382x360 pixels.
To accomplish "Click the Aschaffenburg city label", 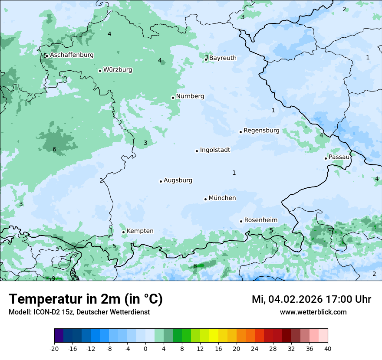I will point(72,55).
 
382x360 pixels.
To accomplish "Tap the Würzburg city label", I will point(118,70).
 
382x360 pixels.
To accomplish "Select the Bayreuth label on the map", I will point(223,58).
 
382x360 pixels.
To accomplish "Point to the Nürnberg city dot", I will point(173,98).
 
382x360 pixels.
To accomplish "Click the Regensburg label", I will point(261,131).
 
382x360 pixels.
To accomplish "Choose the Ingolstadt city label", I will point(215,150).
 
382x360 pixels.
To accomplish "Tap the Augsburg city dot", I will point(161,181).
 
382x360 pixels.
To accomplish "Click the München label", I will point(222,198).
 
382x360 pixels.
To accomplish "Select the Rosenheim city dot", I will point(241,221).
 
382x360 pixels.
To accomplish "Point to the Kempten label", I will point(140,231).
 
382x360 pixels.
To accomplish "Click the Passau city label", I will point(339,157).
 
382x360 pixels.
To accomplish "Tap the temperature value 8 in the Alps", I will point(195,266).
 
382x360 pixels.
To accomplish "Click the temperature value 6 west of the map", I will point(54,150).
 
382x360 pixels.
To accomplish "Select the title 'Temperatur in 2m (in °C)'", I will point(86,299).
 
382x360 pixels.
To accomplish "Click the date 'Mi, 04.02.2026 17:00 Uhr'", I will point(311,299).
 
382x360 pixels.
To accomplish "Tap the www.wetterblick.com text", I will point(313,312).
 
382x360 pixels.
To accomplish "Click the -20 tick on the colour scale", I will point(54,348).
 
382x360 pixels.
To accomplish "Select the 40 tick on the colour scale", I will point(327,348).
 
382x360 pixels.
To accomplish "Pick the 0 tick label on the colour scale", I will point(145,348).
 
